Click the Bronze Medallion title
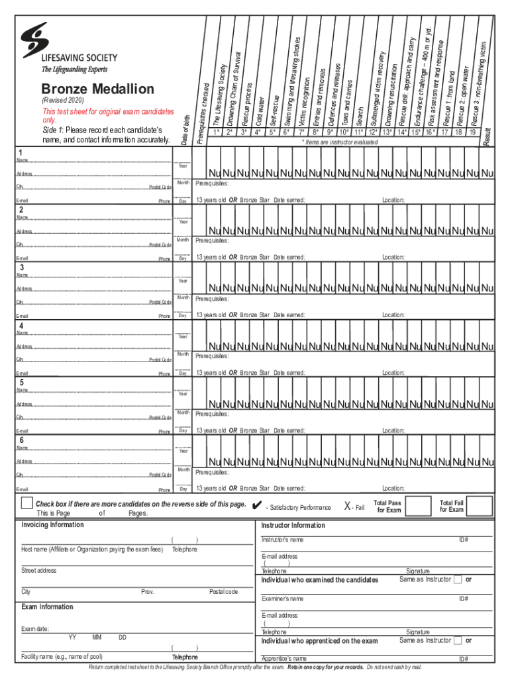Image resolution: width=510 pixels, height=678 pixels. (97, 89)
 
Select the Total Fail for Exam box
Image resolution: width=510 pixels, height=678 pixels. (481, 507)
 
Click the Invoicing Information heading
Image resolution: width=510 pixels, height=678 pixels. (53, 525)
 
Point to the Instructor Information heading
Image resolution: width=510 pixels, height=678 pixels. (293, 525)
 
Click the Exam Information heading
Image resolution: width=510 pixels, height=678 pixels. (47, 606)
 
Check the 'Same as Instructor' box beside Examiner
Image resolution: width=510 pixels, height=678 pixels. (458, 579)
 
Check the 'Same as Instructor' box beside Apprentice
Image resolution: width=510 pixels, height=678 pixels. (458, 640)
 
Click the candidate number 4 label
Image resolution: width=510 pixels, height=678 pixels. (22, 326)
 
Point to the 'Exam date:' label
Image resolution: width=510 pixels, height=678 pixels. (35, 628)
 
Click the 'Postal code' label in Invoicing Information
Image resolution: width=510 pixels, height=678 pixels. (223, 591)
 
